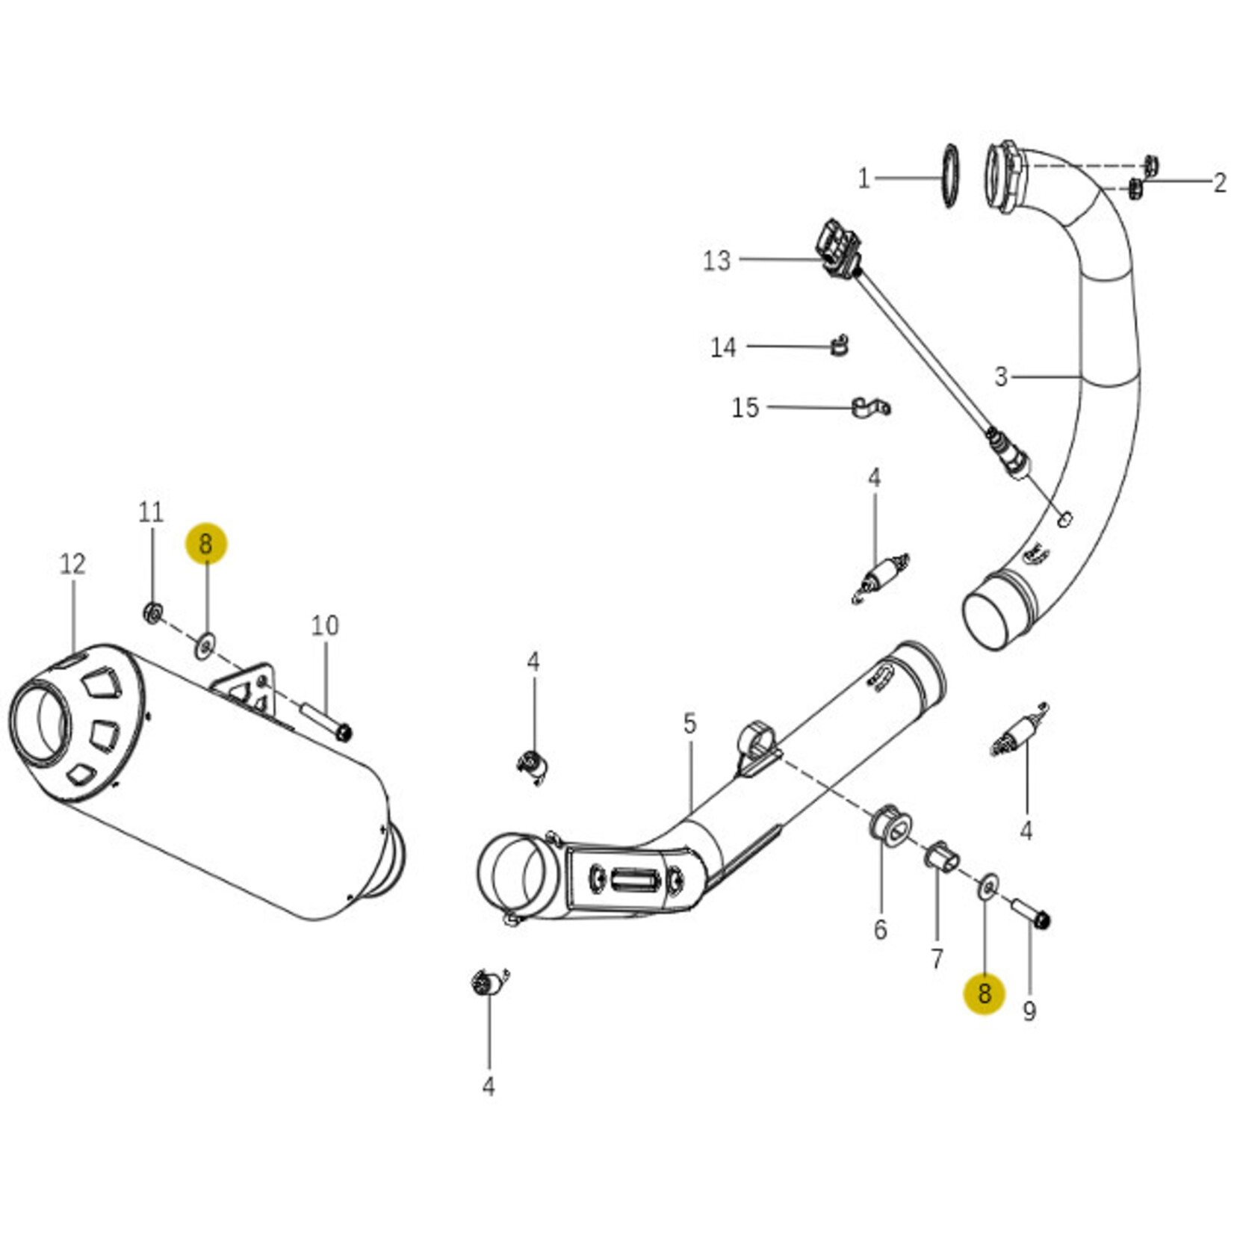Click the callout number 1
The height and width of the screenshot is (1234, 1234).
tap(864, 179)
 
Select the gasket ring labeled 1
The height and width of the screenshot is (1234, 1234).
tap(950, 176)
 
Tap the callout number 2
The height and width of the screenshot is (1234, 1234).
tap(1219, 182)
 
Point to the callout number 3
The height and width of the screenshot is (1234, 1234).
tap(1001, 376)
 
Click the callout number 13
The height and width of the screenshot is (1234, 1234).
tap(716, 261)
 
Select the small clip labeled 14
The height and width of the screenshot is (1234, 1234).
tap(840, 346)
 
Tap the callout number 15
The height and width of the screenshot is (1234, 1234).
tap(745, 408)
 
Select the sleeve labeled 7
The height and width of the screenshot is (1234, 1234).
tap(941, 857)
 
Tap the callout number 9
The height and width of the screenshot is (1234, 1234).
tap(1029, 1011)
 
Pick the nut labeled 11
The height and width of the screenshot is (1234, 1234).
tap(153, 613)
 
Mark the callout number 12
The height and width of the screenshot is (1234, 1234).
tap(72, 564)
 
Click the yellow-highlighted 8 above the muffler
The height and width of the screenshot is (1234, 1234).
tap(206, 544)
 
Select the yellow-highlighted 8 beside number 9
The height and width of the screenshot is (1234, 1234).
tap(984, 993)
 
